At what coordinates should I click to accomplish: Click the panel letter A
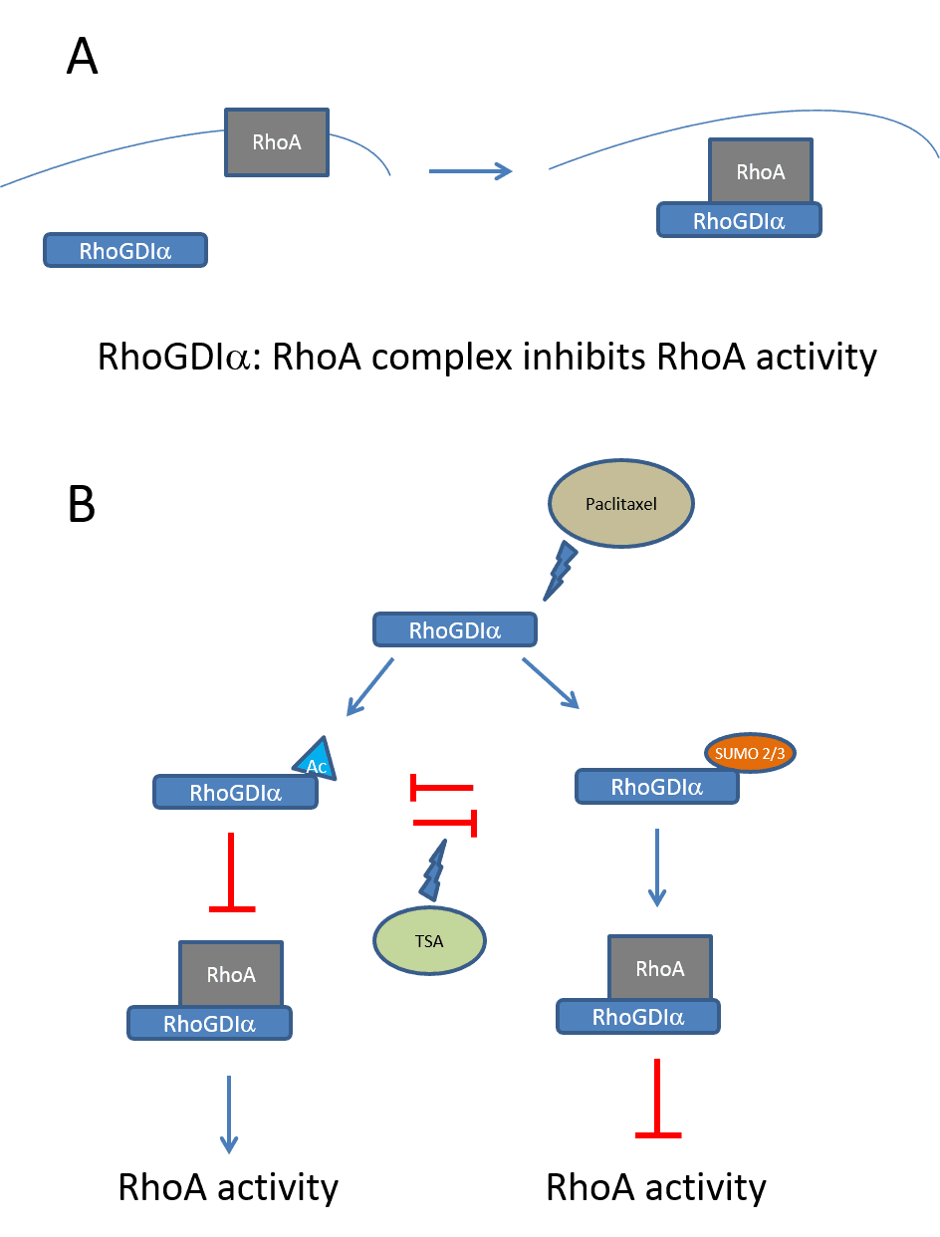coord(83,56)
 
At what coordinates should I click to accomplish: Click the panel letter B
coord(82,504)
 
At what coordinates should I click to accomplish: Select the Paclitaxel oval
coord(621,504)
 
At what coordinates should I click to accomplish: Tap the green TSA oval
coord(429,941)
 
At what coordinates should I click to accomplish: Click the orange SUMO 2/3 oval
coord(752,754)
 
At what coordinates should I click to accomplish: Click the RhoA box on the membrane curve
coord(277,142)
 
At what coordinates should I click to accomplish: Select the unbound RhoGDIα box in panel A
coord(125,251)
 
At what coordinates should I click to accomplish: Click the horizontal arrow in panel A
coord(470,171)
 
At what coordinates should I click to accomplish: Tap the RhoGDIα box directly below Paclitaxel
coord(455,630)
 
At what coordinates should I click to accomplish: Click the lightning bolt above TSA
coord(435,868)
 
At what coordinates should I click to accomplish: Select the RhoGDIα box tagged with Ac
coord(236,794)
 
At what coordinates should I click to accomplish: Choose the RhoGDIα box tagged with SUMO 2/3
coord(657,787)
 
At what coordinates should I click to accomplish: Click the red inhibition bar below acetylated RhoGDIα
coord(232,874)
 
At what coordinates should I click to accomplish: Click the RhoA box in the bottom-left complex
coord(231,974)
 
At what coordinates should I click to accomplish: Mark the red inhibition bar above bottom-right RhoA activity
coord(657,1101)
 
